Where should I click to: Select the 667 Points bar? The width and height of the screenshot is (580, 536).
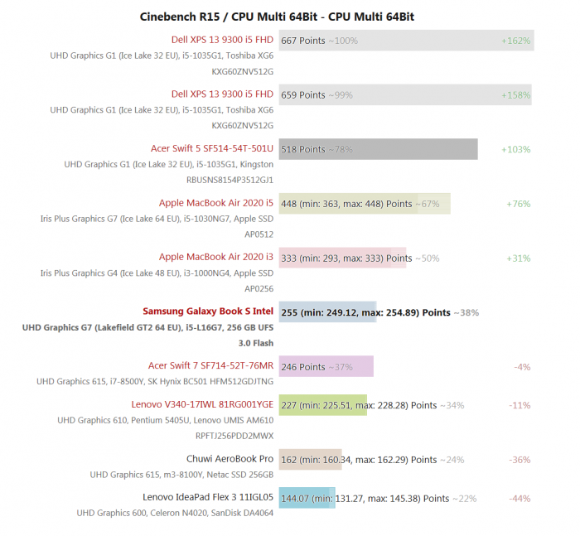tap(406, 41)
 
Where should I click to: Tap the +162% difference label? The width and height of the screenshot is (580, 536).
tap(515, 41)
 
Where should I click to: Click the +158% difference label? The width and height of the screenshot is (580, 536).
tap(515, 94)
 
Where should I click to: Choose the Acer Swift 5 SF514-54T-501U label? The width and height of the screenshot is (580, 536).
tap(211, 149)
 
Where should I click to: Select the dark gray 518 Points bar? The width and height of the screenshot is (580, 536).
tap(378, 149)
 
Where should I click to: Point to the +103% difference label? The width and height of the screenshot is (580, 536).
tap(515, 149)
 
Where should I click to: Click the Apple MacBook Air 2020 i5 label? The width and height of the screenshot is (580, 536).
tap(215, 203)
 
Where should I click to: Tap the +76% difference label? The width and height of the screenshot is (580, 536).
tap(518, 204)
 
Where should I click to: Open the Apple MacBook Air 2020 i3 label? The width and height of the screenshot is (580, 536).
tap(215, 258)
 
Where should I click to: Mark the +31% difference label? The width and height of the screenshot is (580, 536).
tap(518, 258)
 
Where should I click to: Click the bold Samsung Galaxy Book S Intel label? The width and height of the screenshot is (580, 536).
tap(207, 311)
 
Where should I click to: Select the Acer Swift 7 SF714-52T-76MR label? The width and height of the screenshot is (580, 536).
tap(210, 366)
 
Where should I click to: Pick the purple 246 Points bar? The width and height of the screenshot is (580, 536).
tap(326, 366)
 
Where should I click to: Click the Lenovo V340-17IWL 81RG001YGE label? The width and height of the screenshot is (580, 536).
tap(201, 404)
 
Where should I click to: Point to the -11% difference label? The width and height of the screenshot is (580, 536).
tap(520, 405)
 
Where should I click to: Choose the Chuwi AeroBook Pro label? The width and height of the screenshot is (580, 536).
tap(230, 459)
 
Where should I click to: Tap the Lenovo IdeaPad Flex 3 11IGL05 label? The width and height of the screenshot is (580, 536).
tap(207, 498)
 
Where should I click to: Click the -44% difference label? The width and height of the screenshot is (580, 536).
tap(520, 499)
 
